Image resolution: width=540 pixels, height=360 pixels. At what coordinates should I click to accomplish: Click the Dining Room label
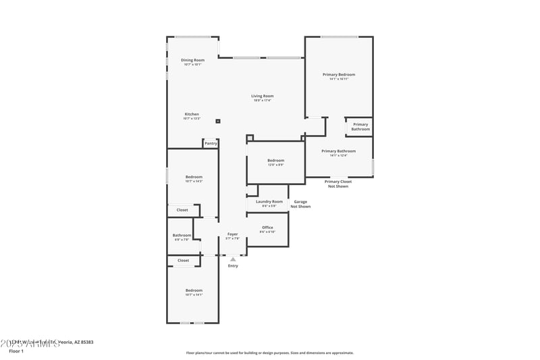pyautogui.click(x=192, y=61)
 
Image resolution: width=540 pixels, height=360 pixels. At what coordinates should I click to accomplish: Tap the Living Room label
pyautogui.click(x=262, y=97)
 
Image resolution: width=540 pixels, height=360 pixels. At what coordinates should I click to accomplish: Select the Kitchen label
pyautogui.click(x=192, y=115)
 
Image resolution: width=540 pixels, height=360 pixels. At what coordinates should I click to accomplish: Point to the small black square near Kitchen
pyautogui.click(x=218, y=122)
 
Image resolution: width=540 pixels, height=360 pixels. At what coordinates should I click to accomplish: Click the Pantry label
pyautogui.click(x=211, y=143)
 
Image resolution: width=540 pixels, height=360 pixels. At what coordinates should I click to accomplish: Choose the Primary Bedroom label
pyautogui.click(x=338, y=75)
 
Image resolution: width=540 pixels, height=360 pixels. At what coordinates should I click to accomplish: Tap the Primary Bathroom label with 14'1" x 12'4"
pyautogui.click(x=338, y=151)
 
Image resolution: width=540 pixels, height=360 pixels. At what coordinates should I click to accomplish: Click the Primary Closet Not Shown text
pyautogui.click(x=338, y=184)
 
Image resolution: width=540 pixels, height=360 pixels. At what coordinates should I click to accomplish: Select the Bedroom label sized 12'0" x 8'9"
pyautogui.click(x=275, y=161)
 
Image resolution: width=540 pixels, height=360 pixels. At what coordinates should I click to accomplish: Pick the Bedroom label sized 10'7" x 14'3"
pyautogui.click(x=194, y=178)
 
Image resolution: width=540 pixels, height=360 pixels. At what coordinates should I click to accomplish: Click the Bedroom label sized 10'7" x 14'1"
pyautogui.click(x=194, y=291)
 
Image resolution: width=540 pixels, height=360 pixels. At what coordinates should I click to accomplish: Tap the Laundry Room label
pyautogui.click(x=269, y=202)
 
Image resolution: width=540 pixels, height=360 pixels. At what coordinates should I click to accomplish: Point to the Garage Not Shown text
pyautogui.click(x=300, y=204)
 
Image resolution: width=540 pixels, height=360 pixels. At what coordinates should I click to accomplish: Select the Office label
pyautogui.click(x=267, y=228)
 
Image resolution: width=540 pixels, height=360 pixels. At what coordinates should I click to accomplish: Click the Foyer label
pyautogui.click(x=232, y=234)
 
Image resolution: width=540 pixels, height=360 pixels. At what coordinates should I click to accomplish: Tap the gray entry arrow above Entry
pyautogui.click(x=233, y=259)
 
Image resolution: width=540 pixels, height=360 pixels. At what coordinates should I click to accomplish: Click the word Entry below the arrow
pyautogui.click(x=233, y=266)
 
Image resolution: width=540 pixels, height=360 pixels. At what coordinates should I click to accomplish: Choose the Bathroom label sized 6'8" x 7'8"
pyautogui.click(x=182, y=236)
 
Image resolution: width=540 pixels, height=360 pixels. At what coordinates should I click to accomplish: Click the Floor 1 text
pyautogui.click(x=16, y=351)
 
